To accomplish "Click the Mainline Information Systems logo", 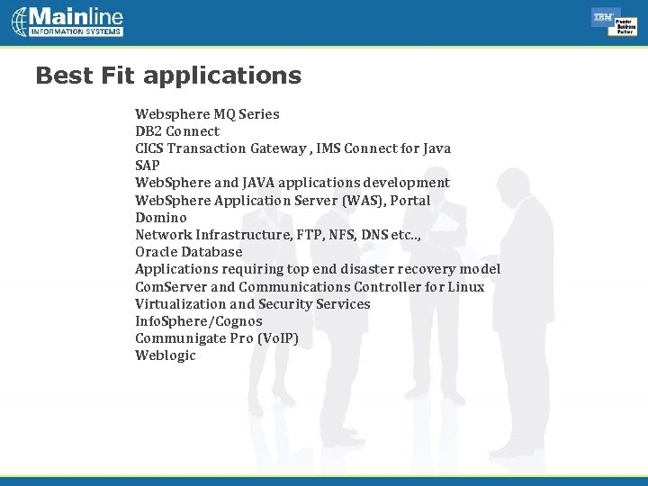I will coord(67,22).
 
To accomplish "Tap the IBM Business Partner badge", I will coord(615,22).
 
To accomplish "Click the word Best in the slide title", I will coord(63,76).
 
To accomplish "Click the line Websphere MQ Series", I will coord(207,114).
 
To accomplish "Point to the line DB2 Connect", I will coord(177,131).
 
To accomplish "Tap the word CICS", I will coord(149,148).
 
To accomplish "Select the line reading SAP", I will coord(148,166).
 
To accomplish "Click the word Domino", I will coord(161,218).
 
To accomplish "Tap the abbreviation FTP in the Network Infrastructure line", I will coord(305,235).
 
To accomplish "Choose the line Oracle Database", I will coord(189,252).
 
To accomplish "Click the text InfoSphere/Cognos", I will coord(199,321).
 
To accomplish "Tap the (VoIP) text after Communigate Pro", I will coord(277,338).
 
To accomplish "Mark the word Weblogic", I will coord(166,355).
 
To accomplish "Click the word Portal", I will coord(410,200).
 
